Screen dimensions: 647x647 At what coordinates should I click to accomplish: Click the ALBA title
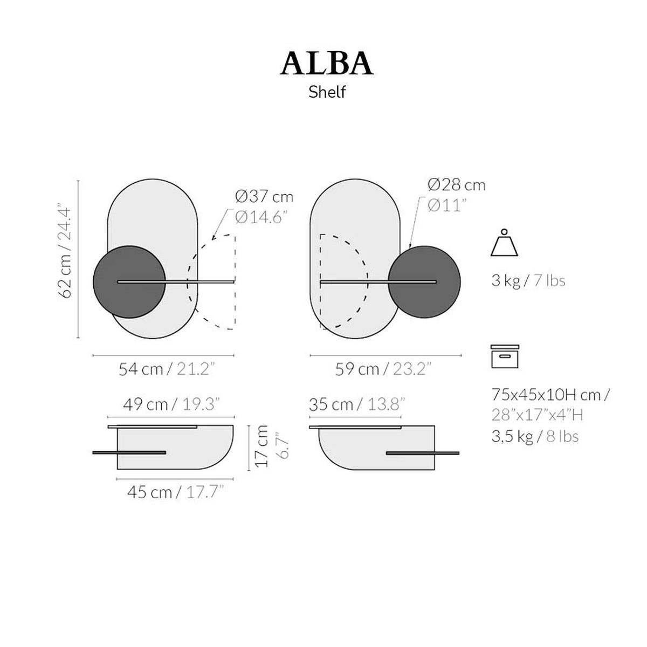(326, 64)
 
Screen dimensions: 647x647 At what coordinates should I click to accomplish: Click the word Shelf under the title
(327, 92)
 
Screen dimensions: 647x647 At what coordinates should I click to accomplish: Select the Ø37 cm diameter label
(264, 197)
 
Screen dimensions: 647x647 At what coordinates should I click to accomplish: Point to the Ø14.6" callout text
(261, 218)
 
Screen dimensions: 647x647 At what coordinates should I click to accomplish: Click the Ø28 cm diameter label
(457, 185)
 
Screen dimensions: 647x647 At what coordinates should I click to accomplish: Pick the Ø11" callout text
(448, 205)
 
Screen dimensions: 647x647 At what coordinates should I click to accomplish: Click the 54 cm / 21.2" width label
(167, 369)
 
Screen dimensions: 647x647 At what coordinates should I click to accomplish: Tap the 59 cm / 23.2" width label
(383, 369)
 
